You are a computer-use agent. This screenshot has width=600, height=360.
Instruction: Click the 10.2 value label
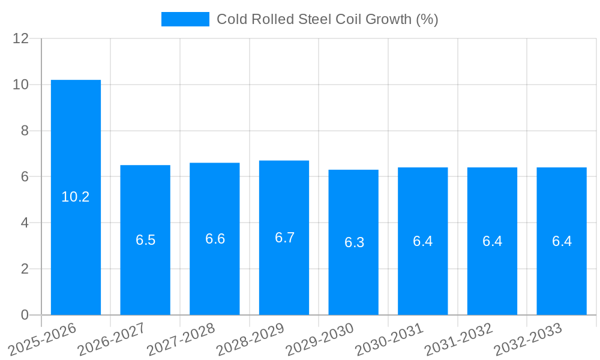pos(76,197)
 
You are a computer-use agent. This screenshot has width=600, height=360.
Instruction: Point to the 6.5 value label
pos(145,241)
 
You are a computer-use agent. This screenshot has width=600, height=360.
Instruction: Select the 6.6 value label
pos(215,239)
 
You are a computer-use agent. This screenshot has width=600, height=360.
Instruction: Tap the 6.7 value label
pos(284,238)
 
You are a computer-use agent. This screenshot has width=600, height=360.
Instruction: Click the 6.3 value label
pos(354,242)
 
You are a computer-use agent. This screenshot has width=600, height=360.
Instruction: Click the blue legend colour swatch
pos(185,19)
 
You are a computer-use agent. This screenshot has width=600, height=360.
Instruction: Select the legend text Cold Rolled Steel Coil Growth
pos(327,19)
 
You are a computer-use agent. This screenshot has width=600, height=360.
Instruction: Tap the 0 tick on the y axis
pos(25,315)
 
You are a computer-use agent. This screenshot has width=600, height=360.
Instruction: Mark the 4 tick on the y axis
pos(25,223)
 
